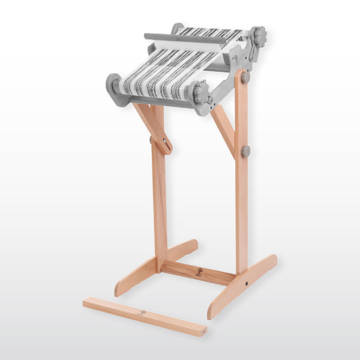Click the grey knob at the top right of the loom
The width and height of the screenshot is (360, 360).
(259, 38)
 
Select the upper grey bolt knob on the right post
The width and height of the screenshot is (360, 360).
(246, 77)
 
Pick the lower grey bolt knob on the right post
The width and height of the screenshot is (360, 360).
(246, 151)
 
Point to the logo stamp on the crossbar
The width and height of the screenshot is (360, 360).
(198, 272)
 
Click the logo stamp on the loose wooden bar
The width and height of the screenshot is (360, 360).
(142, 312)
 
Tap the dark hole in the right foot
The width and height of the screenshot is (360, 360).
(246, 282)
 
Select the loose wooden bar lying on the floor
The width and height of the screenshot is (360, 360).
(144, 316)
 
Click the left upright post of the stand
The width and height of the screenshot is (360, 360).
(159, 198)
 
